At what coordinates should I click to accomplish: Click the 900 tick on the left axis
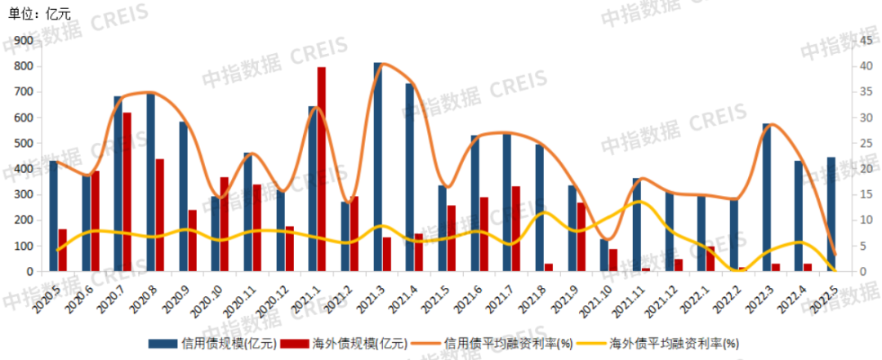pos(23,41)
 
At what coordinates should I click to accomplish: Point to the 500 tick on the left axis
pos(23,144)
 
